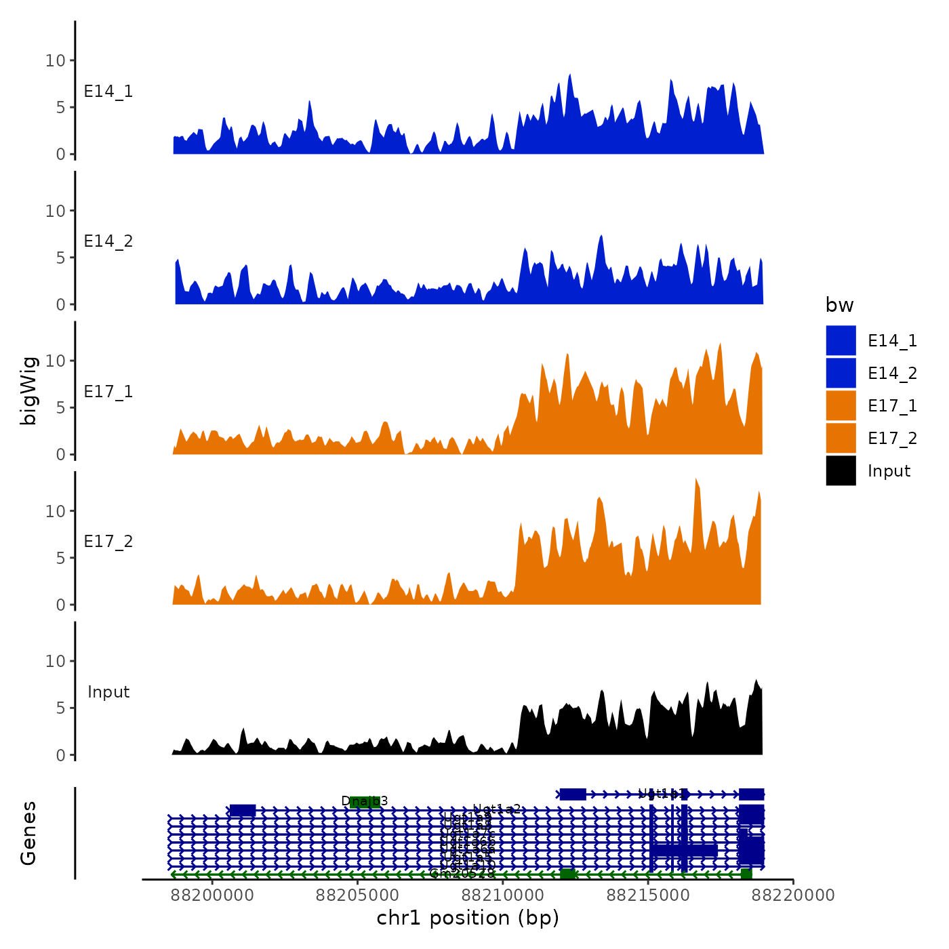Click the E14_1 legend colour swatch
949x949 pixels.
click(841, 340)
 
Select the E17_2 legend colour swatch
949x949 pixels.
click(841, 438)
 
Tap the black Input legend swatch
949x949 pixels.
click(841, 470)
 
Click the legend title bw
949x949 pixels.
click(839, 305)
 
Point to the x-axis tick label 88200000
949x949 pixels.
click(212, 895)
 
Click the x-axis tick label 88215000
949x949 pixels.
click(648, 895)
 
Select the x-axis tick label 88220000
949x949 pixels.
click(793, 895)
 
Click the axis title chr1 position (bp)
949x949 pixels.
click(468, 918)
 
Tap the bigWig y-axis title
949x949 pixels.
click(28, 390)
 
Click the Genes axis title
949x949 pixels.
click(28, 833)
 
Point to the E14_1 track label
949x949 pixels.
click(108, 92)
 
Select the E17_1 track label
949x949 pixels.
click(108, 392)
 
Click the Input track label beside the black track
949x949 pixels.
click(108, 692)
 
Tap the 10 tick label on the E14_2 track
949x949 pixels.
click(56, 211)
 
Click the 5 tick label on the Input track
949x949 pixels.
click(61, 708)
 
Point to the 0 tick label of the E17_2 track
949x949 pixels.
click(61, 605)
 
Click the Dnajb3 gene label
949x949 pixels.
click(365, 801)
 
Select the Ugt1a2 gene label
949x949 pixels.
click(497, 809)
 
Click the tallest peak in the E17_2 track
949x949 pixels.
click(696, 480)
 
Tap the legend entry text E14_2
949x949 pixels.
click(892, 373)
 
